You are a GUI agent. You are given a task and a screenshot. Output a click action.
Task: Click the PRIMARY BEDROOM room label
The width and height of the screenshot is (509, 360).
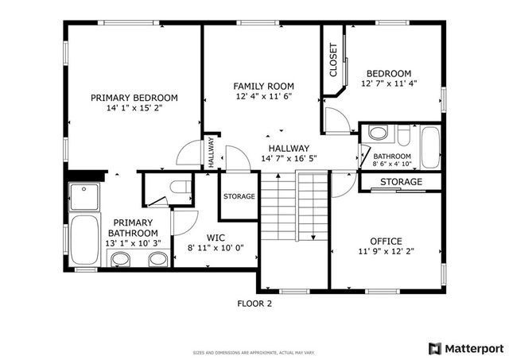[x=134, y=98]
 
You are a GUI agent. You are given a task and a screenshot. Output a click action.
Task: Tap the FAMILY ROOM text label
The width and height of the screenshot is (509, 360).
[x=263, y=86]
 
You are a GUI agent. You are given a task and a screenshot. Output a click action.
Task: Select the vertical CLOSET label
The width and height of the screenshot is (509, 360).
[x=332, y=60]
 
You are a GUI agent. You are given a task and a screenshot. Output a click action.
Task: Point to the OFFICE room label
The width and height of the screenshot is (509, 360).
[x=386, y=241]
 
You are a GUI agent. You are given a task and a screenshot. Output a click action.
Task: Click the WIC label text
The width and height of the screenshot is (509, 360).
[x=215, y=237]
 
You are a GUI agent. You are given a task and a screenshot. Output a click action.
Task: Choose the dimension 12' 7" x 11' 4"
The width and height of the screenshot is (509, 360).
[x=389, y=83]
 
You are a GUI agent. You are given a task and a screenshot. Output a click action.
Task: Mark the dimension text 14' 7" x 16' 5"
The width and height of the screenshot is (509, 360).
[x=289, y=158]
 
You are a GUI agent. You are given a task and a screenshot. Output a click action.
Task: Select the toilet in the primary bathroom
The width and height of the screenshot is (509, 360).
[x=179, y=188]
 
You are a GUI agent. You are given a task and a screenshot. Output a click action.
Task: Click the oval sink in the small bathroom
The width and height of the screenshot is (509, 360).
[x=379, y=133]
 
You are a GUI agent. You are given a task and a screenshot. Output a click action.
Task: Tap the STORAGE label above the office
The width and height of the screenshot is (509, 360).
[x=401, y=183]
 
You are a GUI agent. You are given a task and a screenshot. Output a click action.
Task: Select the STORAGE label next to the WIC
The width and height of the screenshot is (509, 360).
[x=239, y=196]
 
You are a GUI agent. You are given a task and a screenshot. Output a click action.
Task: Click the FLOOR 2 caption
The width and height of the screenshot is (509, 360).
[x=254, y=303]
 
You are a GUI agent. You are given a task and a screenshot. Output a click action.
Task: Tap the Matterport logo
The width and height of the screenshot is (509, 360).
[x=465, y=347]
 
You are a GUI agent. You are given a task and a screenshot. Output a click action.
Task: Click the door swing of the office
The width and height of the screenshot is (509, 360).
[x=343, y=187]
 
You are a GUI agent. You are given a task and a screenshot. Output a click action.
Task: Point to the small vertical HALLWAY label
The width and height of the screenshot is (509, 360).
[x=212, y=150]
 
